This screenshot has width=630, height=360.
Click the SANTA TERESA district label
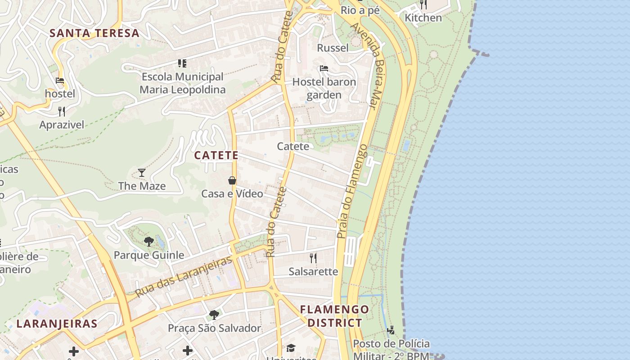point(94,33)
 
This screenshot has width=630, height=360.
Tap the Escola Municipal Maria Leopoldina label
point(182,83)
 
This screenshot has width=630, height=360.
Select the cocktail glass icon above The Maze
point(142,172)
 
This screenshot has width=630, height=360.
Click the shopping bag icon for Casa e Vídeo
point(232,180)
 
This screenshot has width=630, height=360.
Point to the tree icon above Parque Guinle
point(149,242)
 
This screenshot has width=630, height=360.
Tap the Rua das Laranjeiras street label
point(184,276)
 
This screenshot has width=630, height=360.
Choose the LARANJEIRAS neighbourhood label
point(57,324)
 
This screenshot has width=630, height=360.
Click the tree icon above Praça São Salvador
point(214,315)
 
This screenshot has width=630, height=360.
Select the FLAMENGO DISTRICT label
point(334,316)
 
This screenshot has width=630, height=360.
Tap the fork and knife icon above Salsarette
point(313,258)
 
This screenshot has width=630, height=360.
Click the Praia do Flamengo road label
point(351,191)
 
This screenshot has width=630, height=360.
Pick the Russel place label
point(333,48)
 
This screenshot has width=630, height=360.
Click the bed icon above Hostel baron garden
point(324,68)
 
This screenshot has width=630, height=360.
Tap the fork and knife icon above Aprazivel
point(62,111)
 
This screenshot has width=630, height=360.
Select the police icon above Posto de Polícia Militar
point(391,330)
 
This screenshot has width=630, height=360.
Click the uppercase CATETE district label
point(216,155)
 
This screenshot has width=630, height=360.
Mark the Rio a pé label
point(360,10)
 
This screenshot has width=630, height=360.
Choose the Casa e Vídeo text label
point(232,194)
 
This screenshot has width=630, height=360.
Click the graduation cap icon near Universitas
point(291,348)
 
